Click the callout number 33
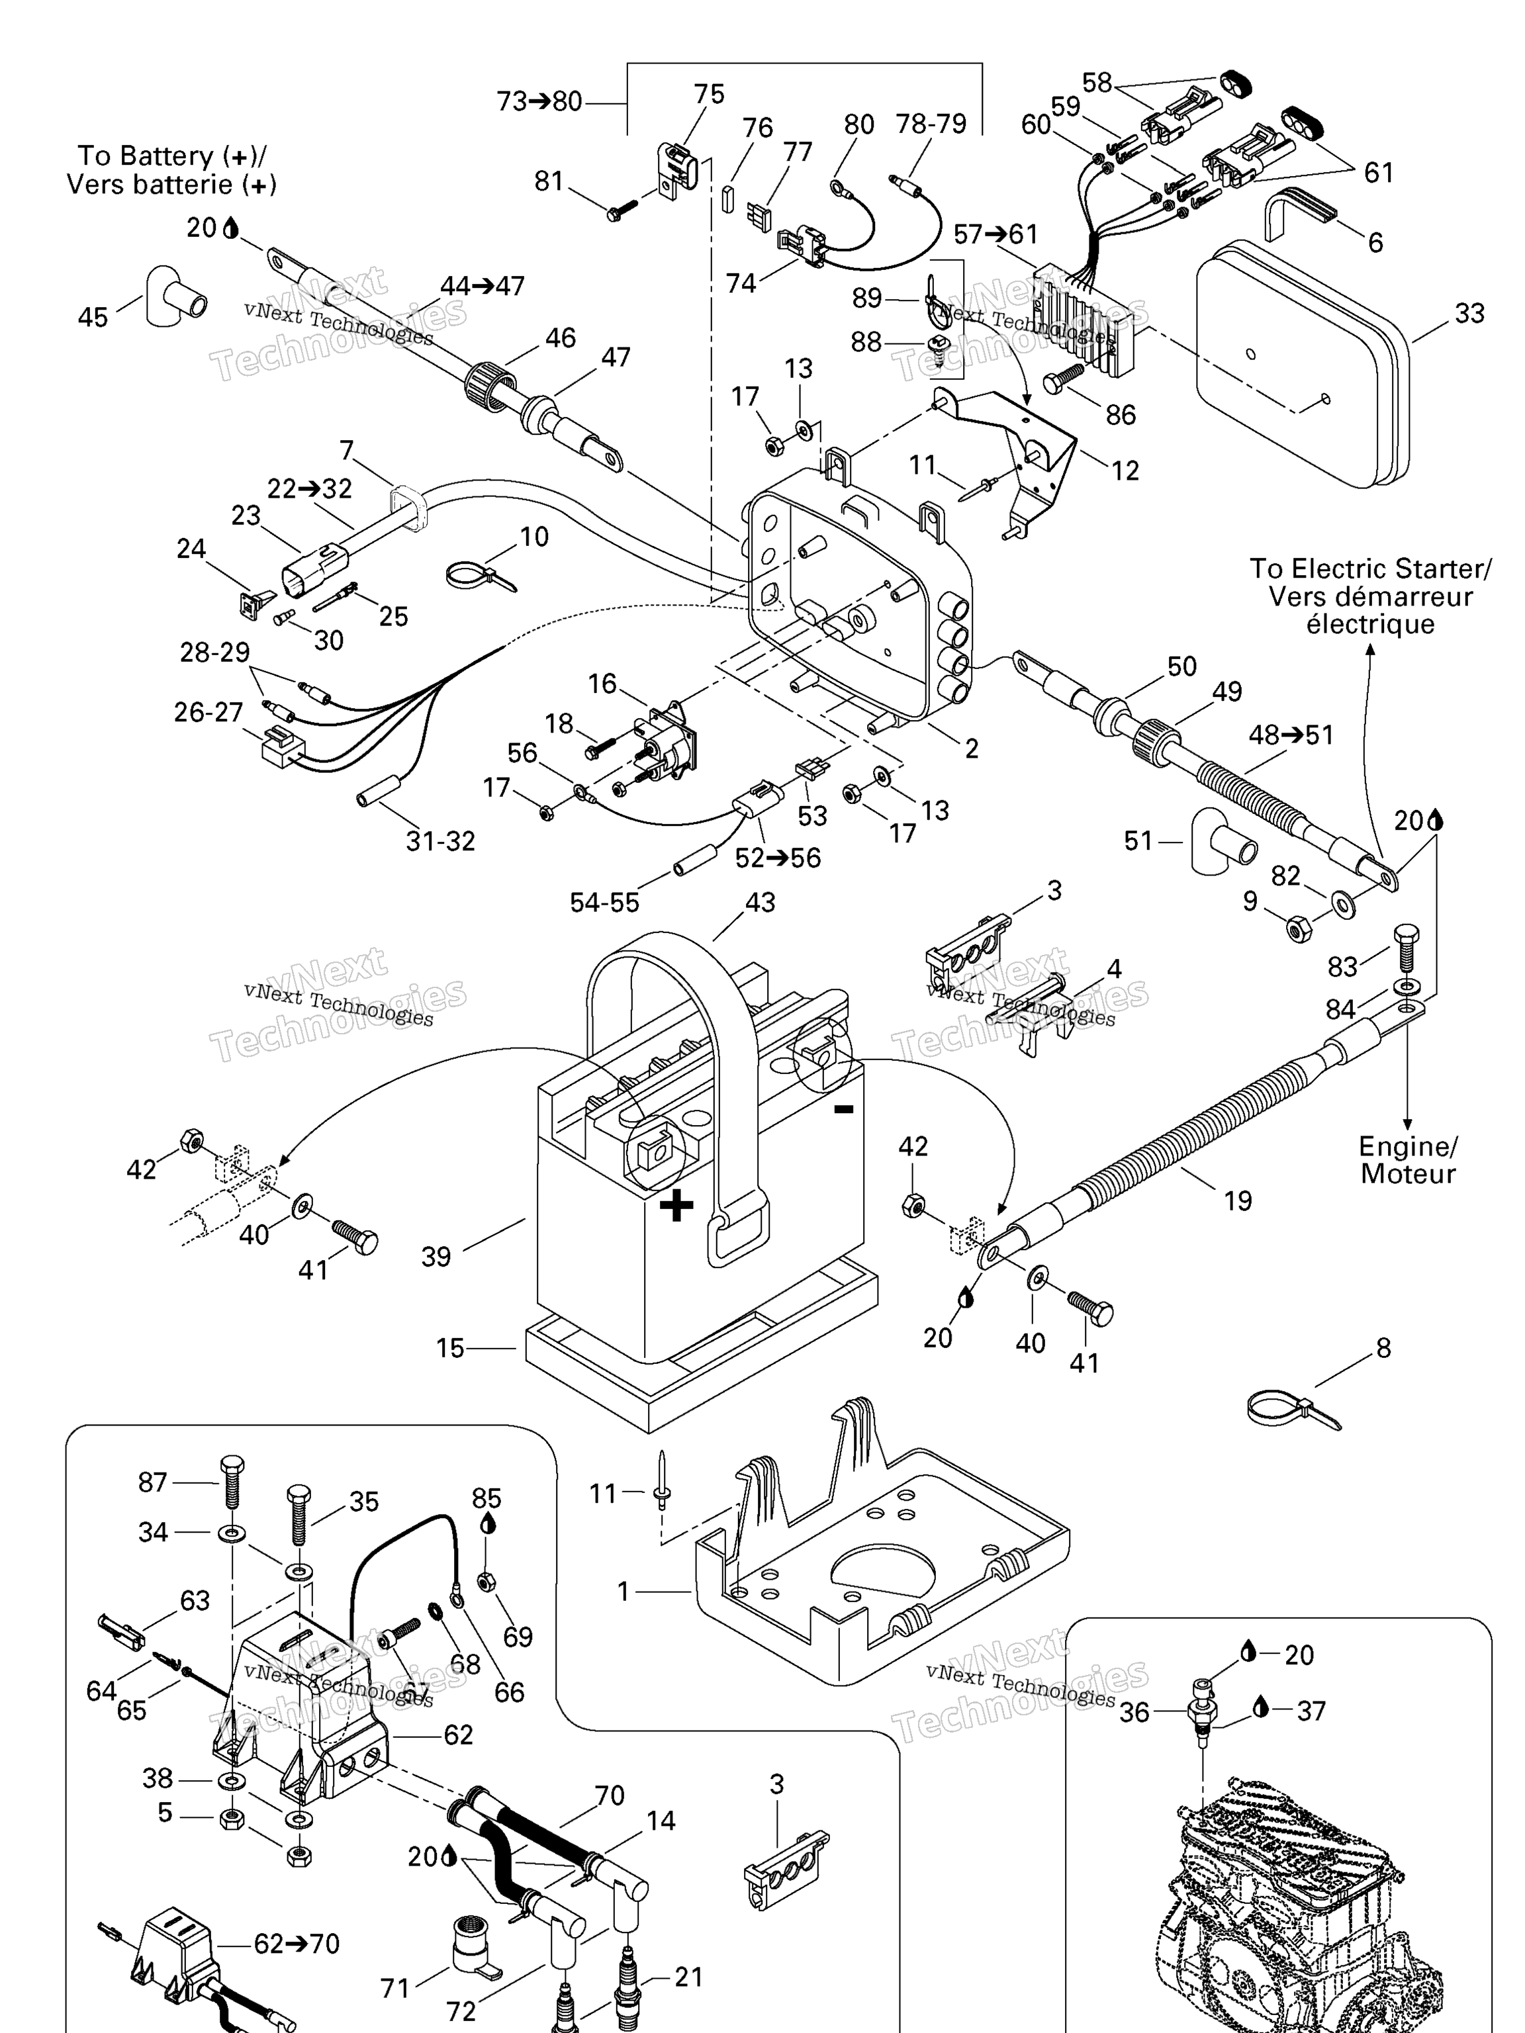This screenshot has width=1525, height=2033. point(1469,314)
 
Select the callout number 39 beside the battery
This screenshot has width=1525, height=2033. point(436,1256)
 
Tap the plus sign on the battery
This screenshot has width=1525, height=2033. point(676,1205)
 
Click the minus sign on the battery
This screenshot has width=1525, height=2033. point(843,1109)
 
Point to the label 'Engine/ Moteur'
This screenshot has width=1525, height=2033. point(1407,1160)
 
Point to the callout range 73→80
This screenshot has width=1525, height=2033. point(539,101)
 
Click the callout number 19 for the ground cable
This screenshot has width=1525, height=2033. point(1237,1200)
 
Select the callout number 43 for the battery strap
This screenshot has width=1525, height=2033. point(761,903)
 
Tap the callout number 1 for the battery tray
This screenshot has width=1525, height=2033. point(624,1591)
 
